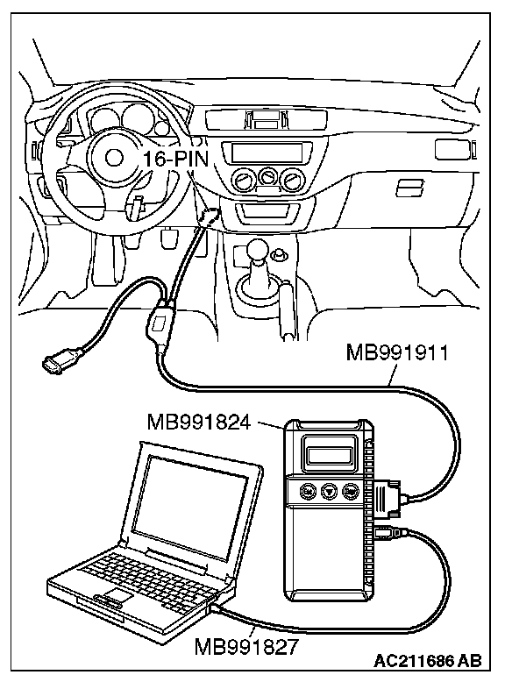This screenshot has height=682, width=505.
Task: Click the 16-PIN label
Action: (175, 159)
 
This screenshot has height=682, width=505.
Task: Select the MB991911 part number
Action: (397, 352)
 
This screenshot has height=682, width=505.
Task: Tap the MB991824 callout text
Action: (199, 422)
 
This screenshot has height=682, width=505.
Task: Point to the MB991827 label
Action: (246, 646)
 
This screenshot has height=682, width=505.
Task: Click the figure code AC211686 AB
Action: (428, 661)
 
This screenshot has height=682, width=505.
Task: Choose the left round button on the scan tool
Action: (308, 491)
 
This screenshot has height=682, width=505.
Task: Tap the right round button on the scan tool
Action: (350, 492)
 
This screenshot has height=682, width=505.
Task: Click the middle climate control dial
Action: (267, 176)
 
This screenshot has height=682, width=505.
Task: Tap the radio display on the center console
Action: (267, 153)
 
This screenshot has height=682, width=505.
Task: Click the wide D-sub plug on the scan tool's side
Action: (387, 498)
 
